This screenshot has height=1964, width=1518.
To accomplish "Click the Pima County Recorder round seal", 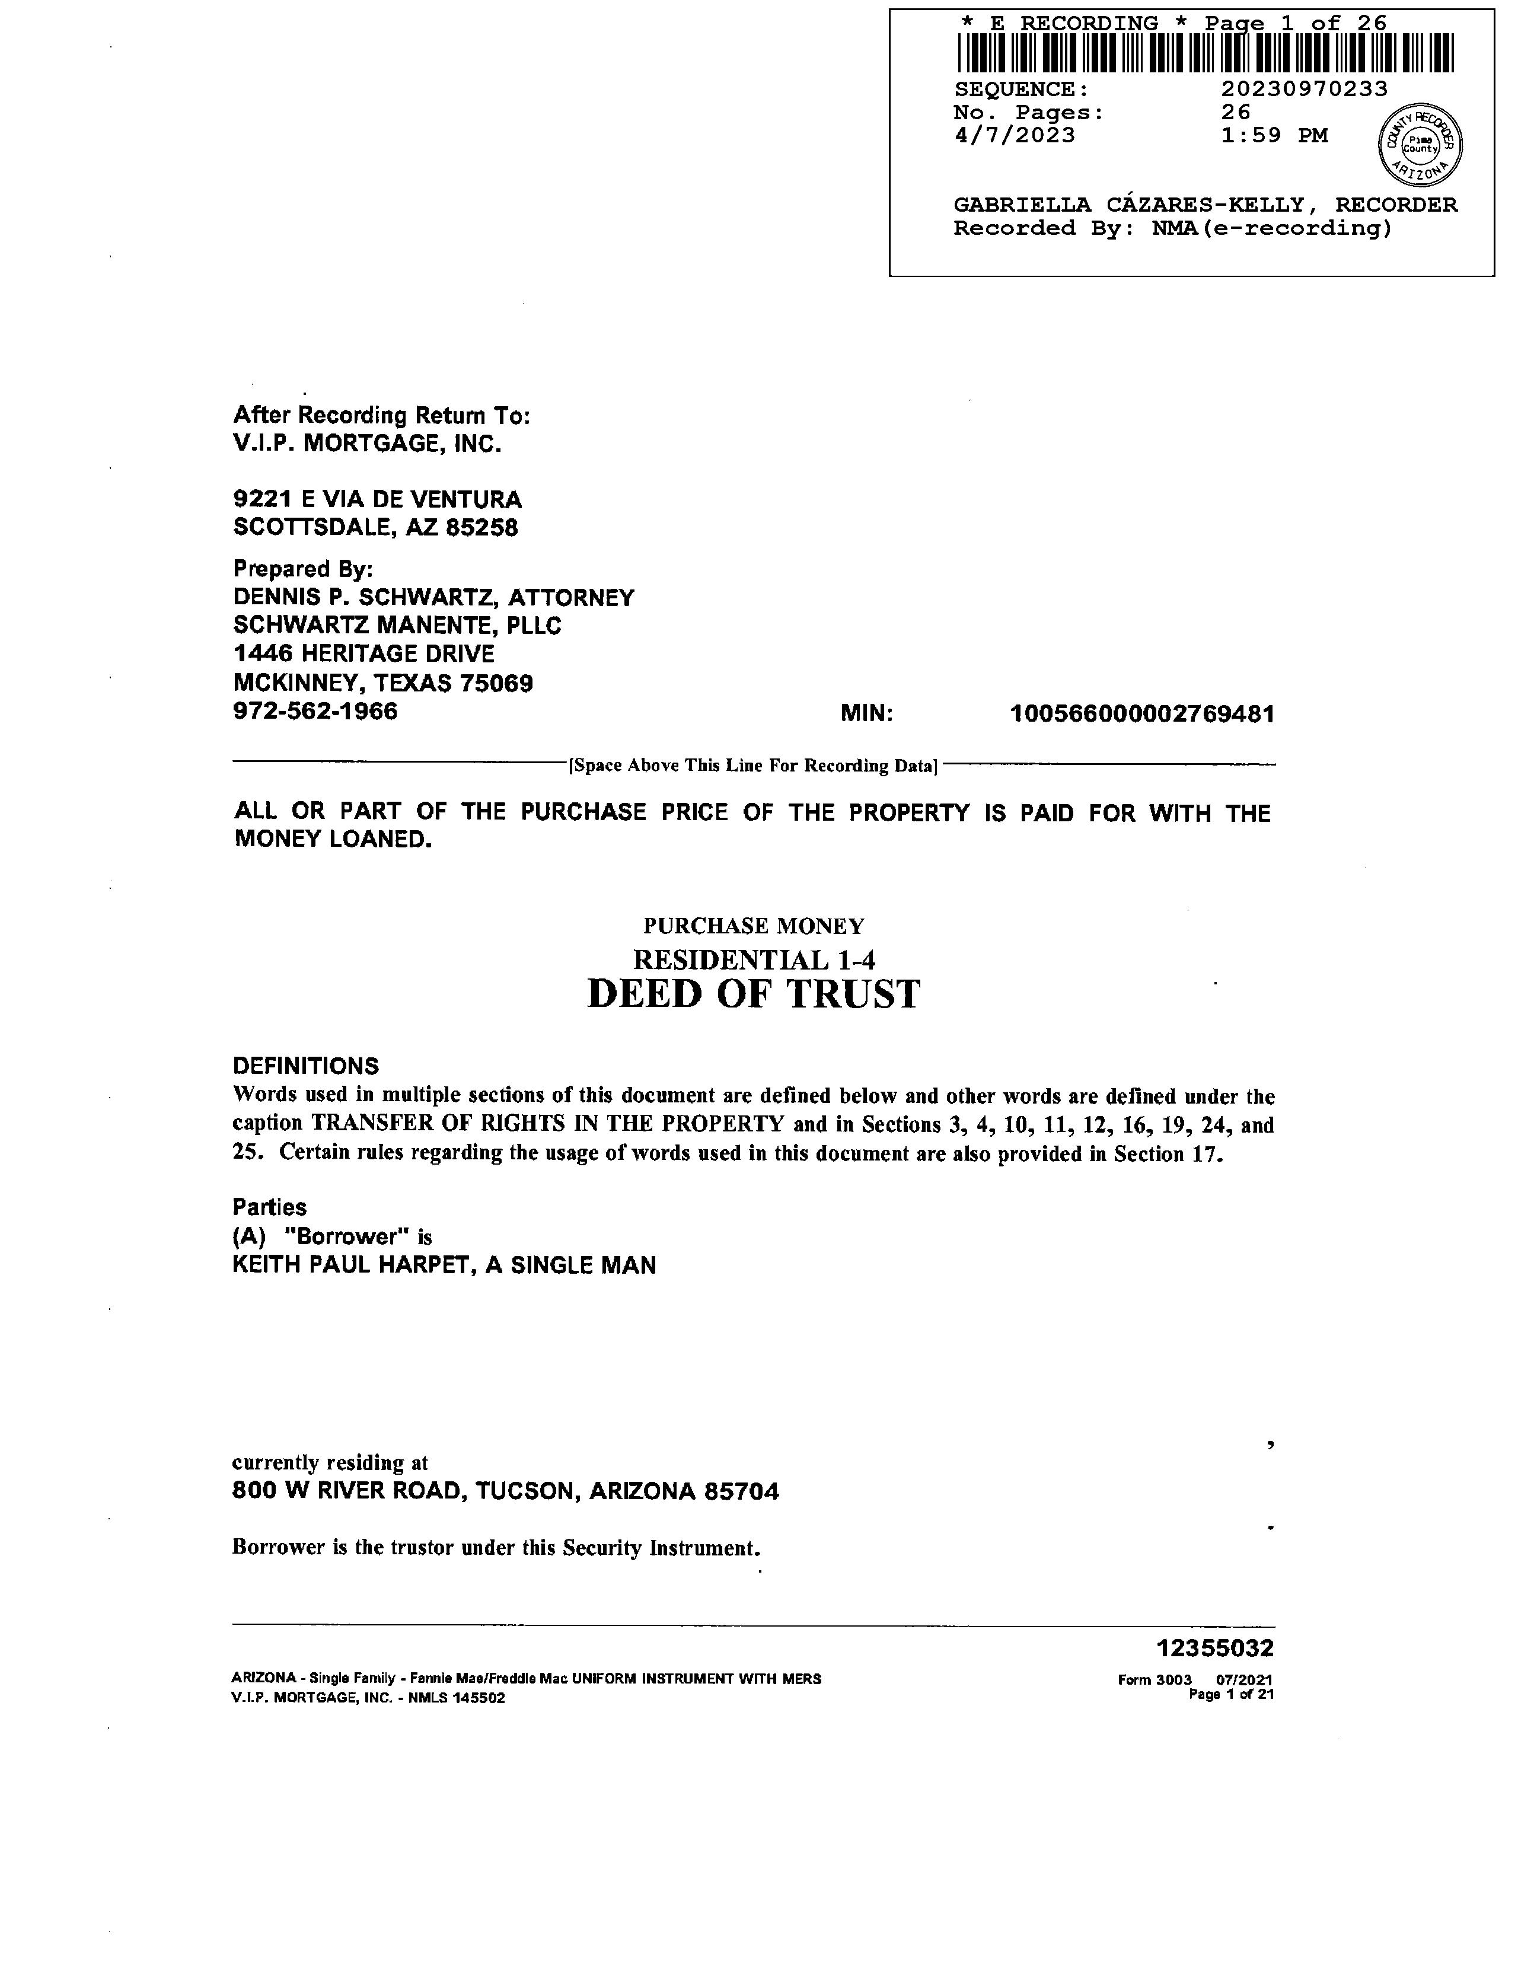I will pos(1420,145).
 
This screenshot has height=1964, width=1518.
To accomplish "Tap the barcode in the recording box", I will pos(1205,53).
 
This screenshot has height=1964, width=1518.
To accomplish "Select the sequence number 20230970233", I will pos(1304,89).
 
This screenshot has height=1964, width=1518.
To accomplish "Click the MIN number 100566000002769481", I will pos(1142,714).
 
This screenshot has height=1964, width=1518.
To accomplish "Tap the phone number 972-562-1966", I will pos(315,712).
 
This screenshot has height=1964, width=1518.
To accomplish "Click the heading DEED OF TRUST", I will pos(754,994).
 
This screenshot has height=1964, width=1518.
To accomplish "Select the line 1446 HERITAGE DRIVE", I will pos(363,653).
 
